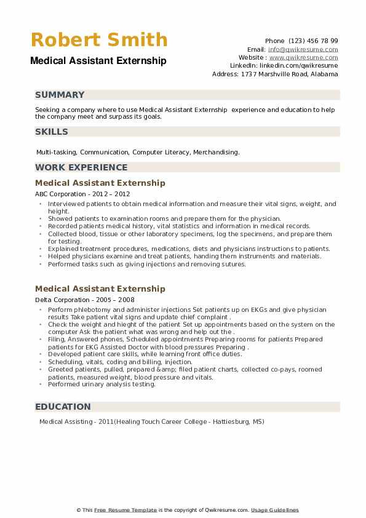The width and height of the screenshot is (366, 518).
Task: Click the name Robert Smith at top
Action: coord(99,41)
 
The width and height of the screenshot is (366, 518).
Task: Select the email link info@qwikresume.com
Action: coord(303,49)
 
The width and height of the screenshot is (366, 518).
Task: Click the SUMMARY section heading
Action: coord(60,95)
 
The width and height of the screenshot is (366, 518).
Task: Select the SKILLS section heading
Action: coord(52,132)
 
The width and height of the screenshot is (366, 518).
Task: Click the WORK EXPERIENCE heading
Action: coord(81,167)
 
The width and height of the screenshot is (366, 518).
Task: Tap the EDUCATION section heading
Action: coord(63,407)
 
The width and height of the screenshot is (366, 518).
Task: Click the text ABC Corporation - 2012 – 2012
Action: coord(82,194)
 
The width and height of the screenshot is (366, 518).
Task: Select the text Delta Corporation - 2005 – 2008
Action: coord(85,300)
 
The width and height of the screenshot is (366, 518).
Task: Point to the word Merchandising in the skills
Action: coord(218,152)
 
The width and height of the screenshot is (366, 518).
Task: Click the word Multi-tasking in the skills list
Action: coord(56,152)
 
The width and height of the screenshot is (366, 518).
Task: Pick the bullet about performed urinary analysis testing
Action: coord(102,385)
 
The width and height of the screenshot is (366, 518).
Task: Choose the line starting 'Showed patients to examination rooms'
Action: coord(164,218)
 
